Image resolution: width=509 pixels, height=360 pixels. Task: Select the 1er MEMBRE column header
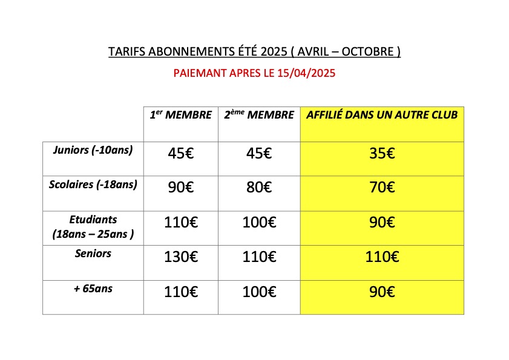point(180,115)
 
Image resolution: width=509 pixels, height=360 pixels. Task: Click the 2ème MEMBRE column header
point(258,115)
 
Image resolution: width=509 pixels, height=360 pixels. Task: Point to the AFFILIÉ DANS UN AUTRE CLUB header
point(382,115)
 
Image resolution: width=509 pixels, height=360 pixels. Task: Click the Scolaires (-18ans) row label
point(93,185)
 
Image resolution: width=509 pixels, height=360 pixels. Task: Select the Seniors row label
point(93,254)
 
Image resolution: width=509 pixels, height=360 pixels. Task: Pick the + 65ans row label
point(93,289)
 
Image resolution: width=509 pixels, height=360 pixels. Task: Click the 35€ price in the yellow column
point(382,154)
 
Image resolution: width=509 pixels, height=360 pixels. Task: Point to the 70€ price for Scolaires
point(382,188)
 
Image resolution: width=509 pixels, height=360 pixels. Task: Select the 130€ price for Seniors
point(180,258)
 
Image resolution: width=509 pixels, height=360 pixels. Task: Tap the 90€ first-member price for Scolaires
point(180,188)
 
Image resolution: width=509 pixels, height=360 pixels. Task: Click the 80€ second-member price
point(258,188)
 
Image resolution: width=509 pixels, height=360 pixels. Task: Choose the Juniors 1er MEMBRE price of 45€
point(180,154)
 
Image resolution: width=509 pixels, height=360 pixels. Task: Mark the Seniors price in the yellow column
point(382,258)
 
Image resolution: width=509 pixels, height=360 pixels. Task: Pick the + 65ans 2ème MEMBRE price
point(258,293)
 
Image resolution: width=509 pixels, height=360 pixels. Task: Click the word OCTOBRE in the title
point(367,52)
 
